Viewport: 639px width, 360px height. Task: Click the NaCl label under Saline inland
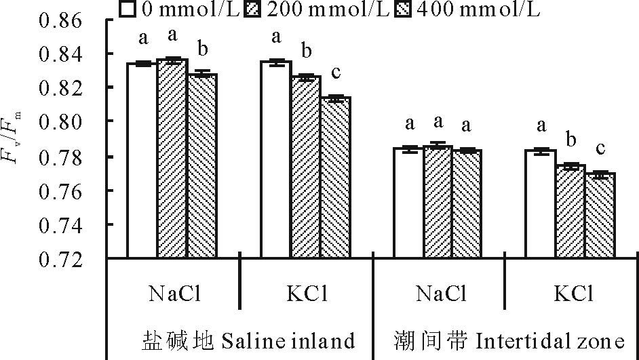(x=174, y=295)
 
